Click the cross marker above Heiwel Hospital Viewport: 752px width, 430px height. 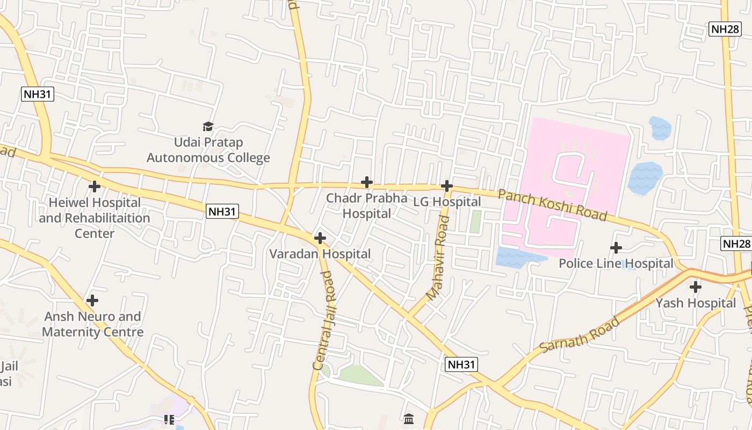(95, 187)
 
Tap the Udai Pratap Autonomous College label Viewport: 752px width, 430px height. (208, 150)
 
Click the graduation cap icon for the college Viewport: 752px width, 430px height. (208, 126)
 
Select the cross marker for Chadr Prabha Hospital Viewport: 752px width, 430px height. (367, 182)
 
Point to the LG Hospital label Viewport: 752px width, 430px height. (447, 202)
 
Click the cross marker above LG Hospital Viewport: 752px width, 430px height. (447, 186)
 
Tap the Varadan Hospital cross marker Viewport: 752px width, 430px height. (320, 238)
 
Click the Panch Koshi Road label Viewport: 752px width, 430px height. (552, 205)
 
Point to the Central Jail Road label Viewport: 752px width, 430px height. (323, 320)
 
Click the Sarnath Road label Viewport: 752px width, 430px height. (580, 335)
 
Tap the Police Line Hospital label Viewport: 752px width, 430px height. (616, 263)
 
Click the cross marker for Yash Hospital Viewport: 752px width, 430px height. (696, 287)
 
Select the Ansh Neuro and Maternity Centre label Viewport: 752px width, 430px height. (92, 324)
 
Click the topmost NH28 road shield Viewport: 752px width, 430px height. (725, 29)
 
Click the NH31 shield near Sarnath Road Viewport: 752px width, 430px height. (462, 365)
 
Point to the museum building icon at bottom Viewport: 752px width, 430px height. (409, 418)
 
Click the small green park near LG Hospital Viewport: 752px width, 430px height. (475, 221)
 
